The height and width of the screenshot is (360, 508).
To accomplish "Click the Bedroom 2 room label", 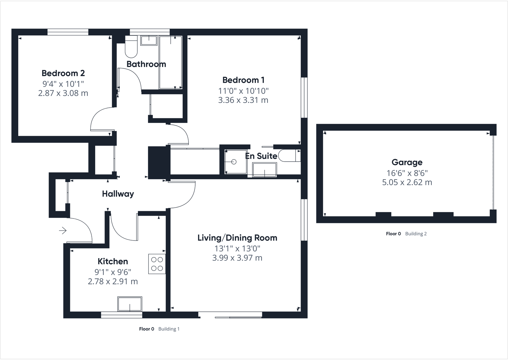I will [x=63, y=73].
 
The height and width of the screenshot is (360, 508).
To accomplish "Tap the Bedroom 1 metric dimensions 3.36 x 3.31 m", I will [x=243, y=100].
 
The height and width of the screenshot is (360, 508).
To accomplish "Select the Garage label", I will [x=407, y=162].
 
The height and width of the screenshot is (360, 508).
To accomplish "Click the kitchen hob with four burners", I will [x=157, y=264].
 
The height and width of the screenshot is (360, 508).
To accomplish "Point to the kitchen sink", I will [x=130, y=304].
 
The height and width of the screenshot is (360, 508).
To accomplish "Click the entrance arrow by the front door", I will [x=63, y=230].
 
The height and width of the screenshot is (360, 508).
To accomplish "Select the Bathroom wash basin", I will [x=149, y=40].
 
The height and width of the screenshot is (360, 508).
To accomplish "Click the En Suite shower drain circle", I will [x=234, y=162].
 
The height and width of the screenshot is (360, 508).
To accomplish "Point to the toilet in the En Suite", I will [x=289, y=155].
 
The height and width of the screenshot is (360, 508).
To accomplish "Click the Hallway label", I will [x=118, y=194].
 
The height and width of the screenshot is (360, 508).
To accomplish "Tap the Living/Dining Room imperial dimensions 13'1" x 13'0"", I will [x=237, y=248].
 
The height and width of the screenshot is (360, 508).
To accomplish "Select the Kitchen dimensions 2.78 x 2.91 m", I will [x=112, y=281].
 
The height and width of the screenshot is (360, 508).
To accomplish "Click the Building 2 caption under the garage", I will [x=416, y=234].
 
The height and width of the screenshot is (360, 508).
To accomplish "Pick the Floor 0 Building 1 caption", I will [x=159, y=329].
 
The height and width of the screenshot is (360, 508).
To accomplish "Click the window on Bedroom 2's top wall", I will [x=68, y=32].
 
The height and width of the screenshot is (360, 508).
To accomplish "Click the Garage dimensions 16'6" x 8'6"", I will [x=407, y=173].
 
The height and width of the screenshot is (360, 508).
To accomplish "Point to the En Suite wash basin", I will [x=265, y=170].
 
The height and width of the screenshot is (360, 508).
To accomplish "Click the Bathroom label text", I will [x=146, y=64].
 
